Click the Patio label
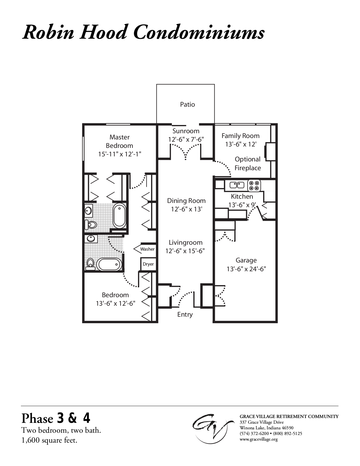tap(187, 104)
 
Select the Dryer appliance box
tap(148, 264)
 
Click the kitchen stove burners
tap(254, 185)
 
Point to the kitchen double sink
tap(237, 185)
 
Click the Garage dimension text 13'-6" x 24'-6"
tap(246, 269)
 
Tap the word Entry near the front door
tap(185, 314)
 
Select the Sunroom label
tap(186, 131)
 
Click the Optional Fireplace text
tap(248, 163)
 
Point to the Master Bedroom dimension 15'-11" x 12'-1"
tap(119, 154)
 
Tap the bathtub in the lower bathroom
tap(109, 264)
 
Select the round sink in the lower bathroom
tap(91, 239)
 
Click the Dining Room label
tap(186, 201)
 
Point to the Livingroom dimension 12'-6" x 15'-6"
tap(185, 251)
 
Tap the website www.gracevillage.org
tap(258, 439)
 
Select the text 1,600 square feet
tap(49, 440)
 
